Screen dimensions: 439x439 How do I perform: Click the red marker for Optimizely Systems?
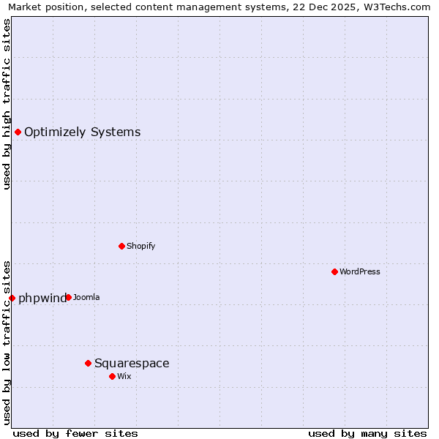18,132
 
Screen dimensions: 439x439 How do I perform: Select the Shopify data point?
121,246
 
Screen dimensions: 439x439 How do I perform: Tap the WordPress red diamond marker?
334,271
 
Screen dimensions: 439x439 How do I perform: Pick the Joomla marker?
68,297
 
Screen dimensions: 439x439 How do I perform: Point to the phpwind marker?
12,298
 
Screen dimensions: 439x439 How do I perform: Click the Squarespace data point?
88,363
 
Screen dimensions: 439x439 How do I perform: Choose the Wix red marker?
112,376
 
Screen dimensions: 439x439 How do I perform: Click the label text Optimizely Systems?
82,132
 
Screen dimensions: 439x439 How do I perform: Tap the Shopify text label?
140,247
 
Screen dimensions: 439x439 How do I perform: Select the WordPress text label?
359,272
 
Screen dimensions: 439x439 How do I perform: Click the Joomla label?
86,298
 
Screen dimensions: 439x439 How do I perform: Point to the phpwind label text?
42,299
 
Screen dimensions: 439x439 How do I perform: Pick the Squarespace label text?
132,364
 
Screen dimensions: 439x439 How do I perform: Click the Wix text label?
124,377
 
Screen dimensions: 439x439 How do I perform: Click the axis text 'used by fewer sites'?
75,433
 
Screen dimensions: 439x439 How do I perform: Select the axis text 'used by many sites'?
367,433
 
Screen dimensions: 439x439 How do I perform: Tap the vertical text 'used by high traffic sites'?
7,104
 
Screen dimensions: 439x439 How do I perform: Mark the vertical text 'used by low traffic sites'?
7,342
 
